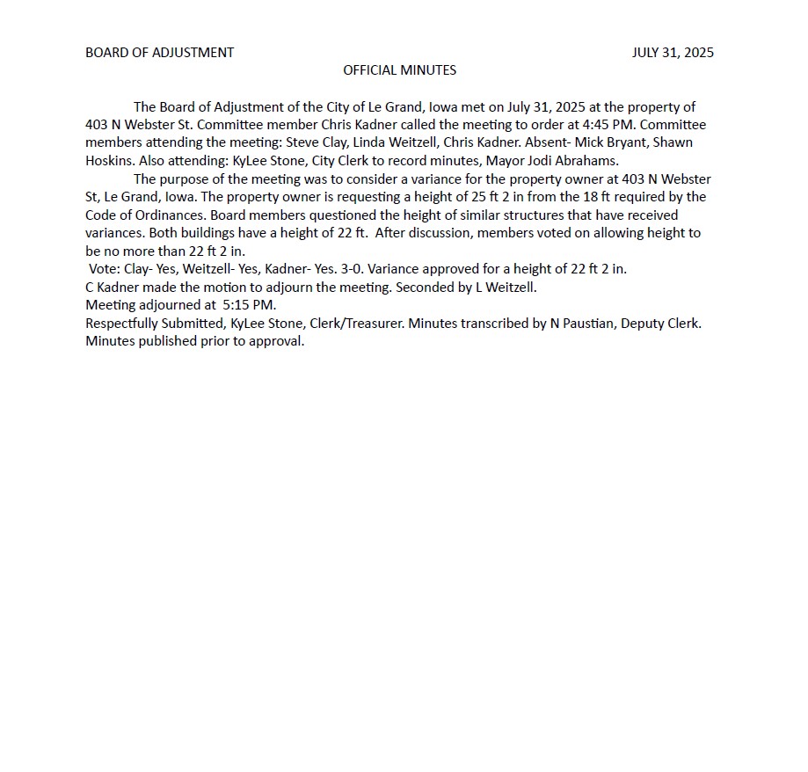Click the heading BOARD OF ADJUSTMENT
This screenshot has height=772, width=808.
pos(159,53)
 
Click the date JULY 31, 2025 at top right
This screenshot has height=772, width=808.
pos(673,53)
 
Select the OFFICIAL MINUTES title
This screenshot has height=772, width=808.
pos(399,70)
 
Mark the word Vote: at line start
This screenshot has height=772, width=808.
pos(105,269)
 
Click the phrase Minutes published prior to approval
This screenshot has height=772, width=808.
pos(194,341)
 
